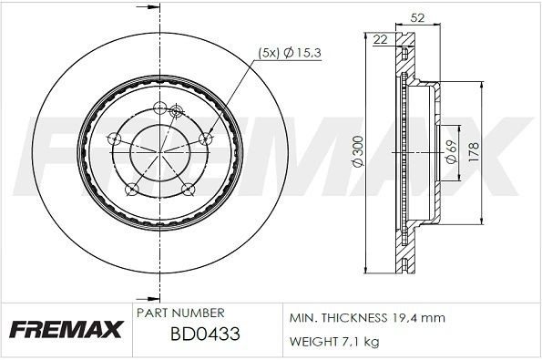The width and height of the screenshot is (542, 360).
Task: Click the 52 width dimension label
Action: (393, 15)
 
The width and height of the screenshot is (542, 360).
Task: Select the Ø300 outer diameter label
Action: (357, 155)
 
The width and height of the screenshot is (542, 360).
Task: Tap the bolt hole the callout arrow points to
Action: (205, 138)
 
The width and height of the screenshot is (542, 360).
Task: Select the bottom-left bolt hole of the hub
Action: (132, 189)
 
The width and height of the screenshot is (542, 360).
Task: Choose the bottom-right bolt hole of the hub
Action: (189, 189)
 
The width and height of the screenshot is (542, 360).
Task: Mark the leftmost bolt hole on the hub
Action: (115, 139)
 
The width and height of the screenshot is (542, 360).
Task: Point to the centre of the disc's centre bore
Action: (160, 152)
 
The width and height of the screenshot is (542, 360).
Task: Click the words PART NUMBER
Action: (174, 312)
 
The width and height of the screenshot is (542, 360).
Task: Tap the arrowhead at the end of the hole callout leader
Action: (210, 130)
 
